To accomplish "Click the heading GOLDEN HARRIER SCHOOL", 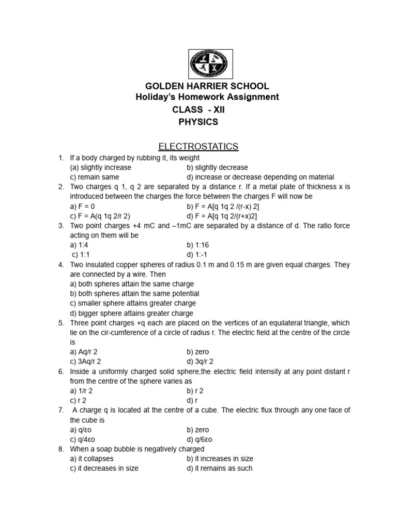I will (207, 86).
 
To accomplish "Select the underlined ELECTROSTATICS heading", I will (198, 147).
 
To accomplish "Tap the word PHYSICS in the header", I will (198, 122).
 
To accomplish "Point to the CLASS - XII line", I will (198, 110).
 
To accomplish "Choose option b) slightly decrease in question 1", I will (217, 167).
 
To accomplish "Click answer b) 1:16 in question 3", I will (198, 245).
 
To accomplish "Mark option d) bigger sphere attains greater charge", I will (131, 313).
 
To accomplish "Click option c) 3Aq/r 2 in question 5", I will (85, 362).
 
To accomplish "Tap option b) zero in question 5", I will (198, 352).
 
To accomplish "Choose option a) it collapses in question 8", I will (91, 459).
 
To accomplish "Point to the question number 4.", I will (60, 264).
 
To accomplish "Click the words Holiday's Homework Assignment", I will (206, 97).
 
